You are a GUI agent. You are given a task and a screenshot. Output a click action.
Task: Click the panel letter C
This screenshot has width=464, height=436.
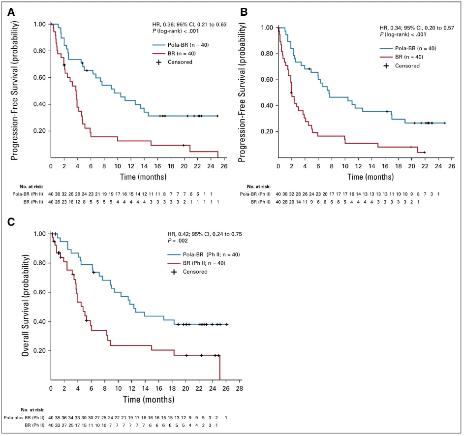pos(10,222)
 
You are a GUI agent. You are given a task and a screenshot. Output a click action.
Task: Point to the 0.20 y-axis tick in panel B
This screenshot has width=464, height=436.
pos(266,132)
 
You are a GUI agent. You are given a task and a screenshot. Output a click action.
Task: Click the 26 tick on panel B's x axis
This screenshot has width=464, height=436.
pos(452,166)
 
